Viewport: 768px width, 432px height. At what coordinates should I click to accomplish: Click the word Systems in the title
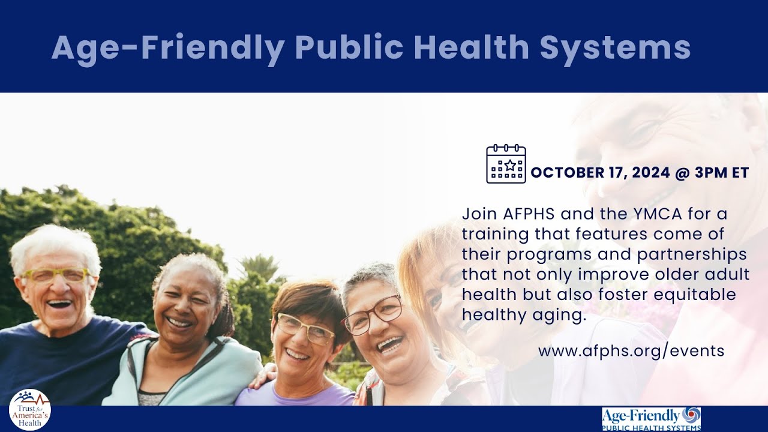coord(615,47)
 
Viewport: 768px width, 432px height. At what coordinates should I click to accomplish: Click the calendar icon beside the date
coord(506,164)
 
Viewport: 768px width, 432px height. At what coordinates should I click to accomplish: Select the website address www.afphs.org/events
coord(631,350)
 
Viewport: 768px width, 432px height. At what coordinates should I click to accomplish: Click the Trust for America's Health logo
coord(30,410)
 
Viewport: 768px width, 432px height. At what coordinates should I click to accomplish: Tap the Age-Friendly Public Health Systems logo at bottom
coord(651,418)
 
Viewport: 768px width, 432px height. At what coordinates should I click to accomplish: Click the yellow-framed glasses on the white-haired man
coord(55,275)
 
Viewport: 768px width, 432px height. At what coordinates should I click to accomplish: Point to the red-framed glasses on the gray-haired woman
coord(373,316)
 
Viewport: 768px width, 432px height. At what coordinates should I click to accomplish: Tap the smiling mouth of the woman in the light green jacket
coord(180,322)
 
